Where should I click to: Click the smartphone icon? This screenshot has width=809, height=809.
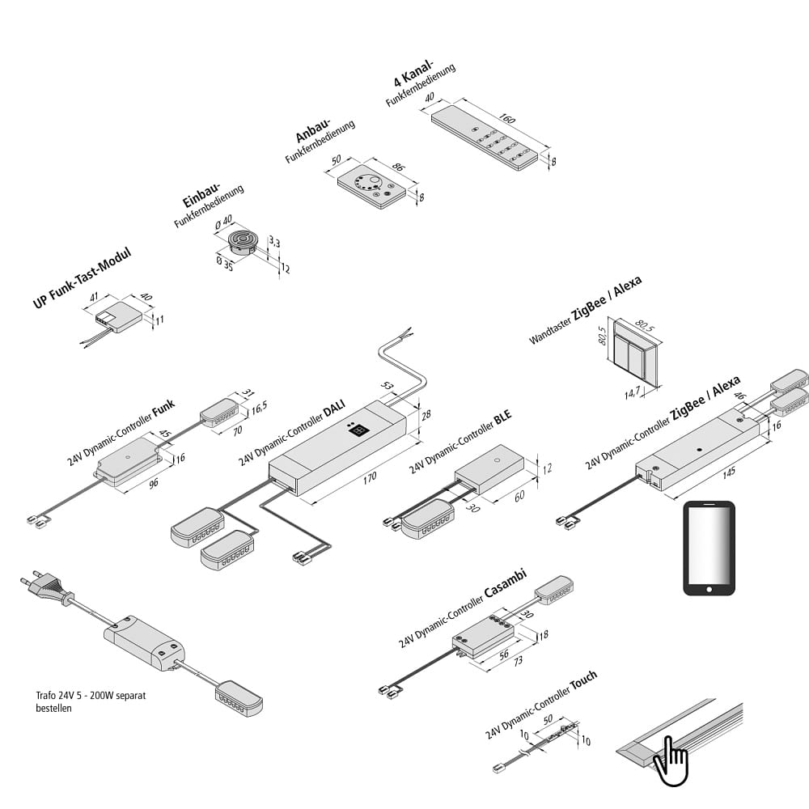(x=709, y=549)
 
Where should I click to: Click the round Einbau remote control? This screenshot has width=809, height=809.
(x=242, y=241)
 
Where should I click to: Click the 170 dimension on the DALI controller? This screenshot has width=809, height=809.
(x=369, y=477)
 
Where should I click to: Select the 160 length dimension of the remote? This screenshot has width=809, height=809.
(x=508, y=119)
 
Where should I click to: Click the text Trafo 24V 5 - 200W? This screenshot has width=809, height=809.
(x=89, y=695)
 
